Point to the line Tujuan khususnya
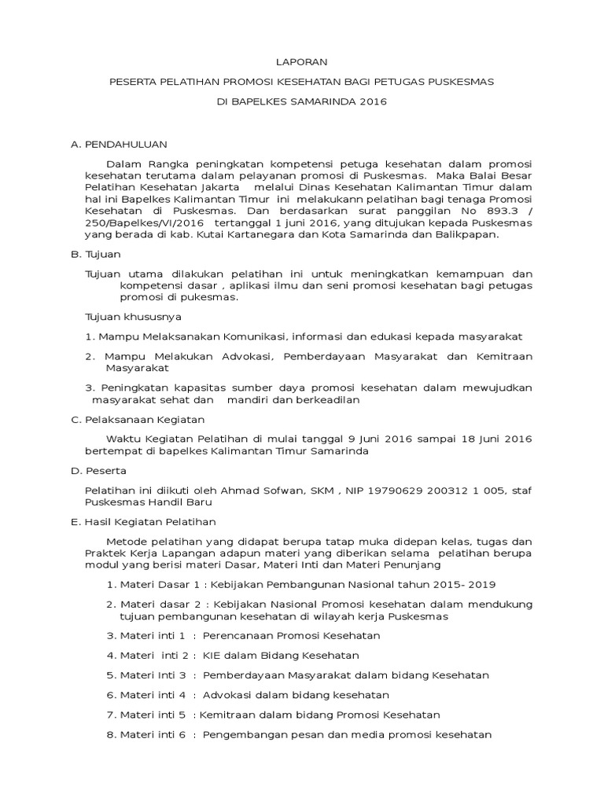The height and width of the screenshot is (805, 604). [x=133, y=316]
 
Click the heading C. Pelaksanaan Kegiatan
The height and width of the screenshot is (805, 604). [x=138, y=419]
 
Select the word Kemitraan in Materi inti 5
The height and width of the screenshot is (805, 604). [x=230, y=715]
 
